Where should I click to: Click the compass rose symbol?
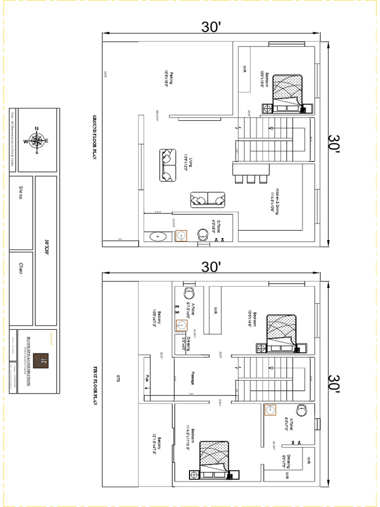point(37,141)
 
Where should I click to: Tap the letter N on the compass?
point(37,129)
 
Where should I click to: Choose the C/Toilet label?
point(216,226)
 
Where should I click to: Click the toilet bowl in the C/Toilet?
point(202,234)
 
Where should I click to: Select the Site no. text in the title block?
point(21,193)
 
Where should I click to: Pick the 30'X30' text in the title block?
point(47,248)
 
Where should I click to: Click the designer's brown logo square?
point(44,359)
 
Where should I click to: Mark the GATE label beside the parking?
point(105,74)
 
